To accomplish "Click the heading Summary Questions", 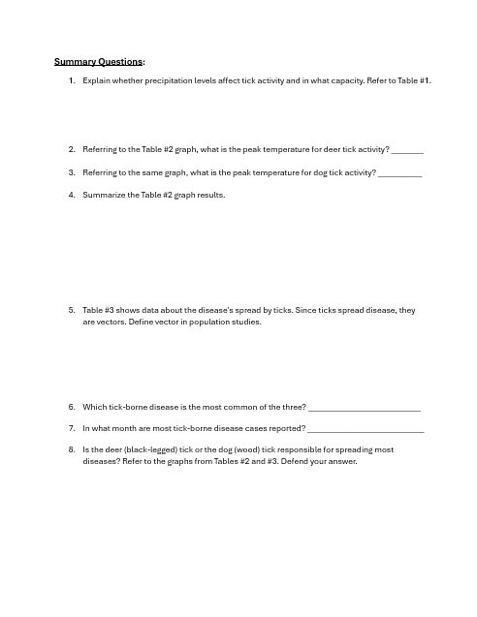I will click(98, 61).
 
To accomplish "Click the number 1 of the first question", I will click(72, 80).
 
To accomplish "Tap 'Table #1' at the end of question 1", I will click(413, 80).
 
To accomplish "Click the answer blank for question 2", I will click(408, 150).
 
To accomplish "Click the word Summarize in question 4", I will click(105, 195).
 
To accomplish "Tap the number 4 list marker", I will click(72, 195).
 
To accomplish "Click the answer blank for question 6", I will click(364, 407).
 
